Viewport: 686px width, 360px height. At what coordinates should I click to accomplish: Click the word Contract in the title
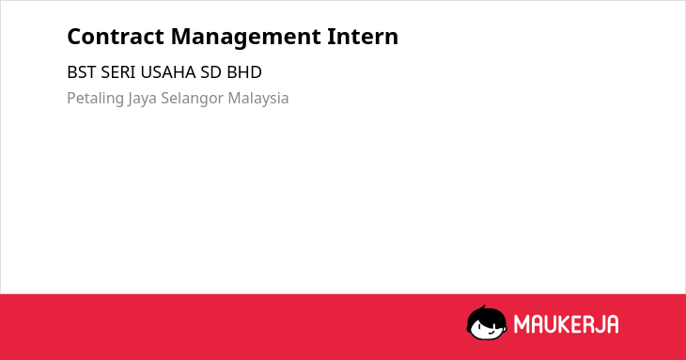[x=116, y=37]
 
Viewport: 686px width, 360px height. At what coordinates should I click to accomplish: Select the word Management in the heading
[x=246, y=38]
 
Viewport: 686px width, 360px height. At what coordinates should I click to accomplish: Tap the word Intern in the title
[x=363, y=37]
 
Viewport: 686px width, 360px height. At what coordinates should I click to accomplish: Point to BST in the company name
[x=81, y=72]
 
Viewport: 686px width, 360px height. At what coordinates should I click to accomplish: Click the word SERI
[x=118, y=72]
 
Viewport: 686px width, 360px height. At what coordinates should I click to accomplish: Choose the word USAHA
[x=168, y=72]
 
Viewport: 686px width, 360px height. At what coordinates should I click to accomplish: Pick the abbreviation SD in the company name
[x=210, y=72]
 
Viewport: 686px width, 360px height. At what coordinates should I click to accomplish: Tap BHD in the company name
[x=244, y=72]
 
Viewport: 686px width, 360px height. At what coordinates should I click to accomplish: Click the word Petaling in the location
[x=95, y=99]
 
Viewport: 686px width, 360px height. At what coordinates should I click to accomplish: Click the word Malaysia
[x=258, y=99]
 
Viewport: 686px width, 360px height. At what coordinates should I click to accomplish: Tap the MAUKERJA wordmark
[x=566, y=324]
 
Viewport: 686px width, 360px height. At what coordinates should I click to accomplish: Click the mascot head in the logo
[x=487, y=323]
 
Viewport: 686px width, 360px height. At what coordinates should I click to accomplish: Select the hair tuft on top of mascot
[x=483, y=308]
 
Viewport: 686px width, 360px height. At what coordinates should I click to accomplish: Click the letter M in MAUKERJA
[x=522, y=324]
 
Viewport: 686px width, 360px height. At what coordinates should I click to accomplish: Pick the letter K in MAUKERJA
[x=566, y=324]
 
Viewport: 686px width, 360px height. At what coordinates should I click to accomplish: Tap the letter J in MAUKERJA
[x=598, y=324]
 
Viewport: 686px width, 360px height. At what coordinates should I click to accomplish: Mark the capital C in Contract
[x=75, y=37]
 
